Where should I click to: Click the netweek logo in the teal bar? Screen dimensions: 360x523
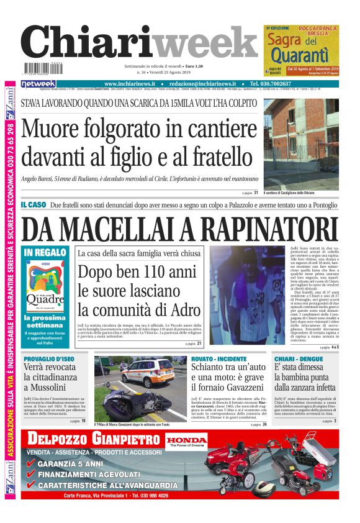tap(38, 84)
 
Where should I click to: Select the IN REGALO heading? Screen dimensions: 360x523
tap(44, 252)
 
